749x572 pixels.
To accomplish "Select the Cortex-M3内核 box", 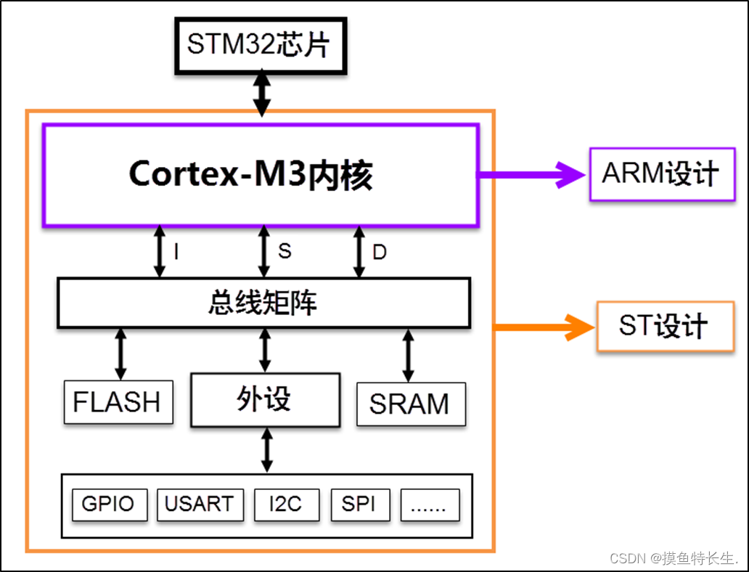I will pos(260,175).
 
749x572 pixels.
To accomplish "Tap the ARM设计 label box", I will pos(662,174).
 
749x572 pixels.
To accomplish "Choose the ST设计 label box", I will pos(665,327).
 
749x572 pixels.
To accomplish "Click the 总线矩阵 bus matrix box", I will pos(263,303).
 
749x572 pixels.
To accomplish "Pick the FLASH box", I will pos(118,401).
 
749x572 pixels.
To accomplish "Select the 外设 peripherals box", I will pos(265,399).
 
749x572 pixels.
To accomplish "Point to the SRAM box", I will pos(410,404).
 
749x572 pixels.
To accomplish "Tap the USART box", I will pos(199,504).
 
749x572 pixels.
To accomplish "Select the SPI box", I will pos(359,504).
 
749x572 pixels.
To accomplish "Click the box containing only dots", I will pos(430,504).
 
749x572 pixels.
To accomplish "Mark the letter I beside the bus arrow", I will pos(176,252).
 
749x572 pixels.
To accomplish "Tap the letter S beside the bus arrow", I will pos(285,251).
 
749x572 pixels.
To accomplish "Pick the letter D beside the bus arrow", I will pos(380,253).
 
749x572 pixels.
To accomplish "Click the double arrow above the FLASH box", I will pos(120,354).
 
